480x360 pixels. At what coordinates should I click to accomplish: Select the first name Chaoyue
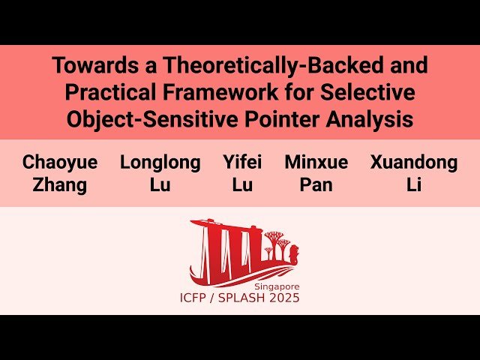(x=59, y=163)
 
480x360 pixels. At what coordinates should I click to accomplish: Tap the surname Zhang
(x=59, y=184)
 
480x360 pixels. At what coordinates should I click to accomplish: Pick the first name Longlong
(x=160, y=163)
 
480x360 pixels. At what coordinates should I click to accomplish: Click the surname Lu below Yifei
(x=242, y=184)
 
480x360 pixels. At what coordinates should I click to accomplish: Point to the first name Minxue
(x=316, y=163)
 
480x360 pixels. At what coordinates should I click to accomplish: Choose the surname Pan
(x=316, y=184)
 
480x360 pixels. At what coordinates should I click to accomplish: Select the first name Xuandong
(x=413, y=163)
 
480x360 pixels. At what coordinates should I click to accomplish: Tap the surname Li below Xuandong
(x=413, y=184)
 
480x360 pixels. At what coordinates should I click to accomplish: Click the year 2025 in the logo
(x=286, y=298)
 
